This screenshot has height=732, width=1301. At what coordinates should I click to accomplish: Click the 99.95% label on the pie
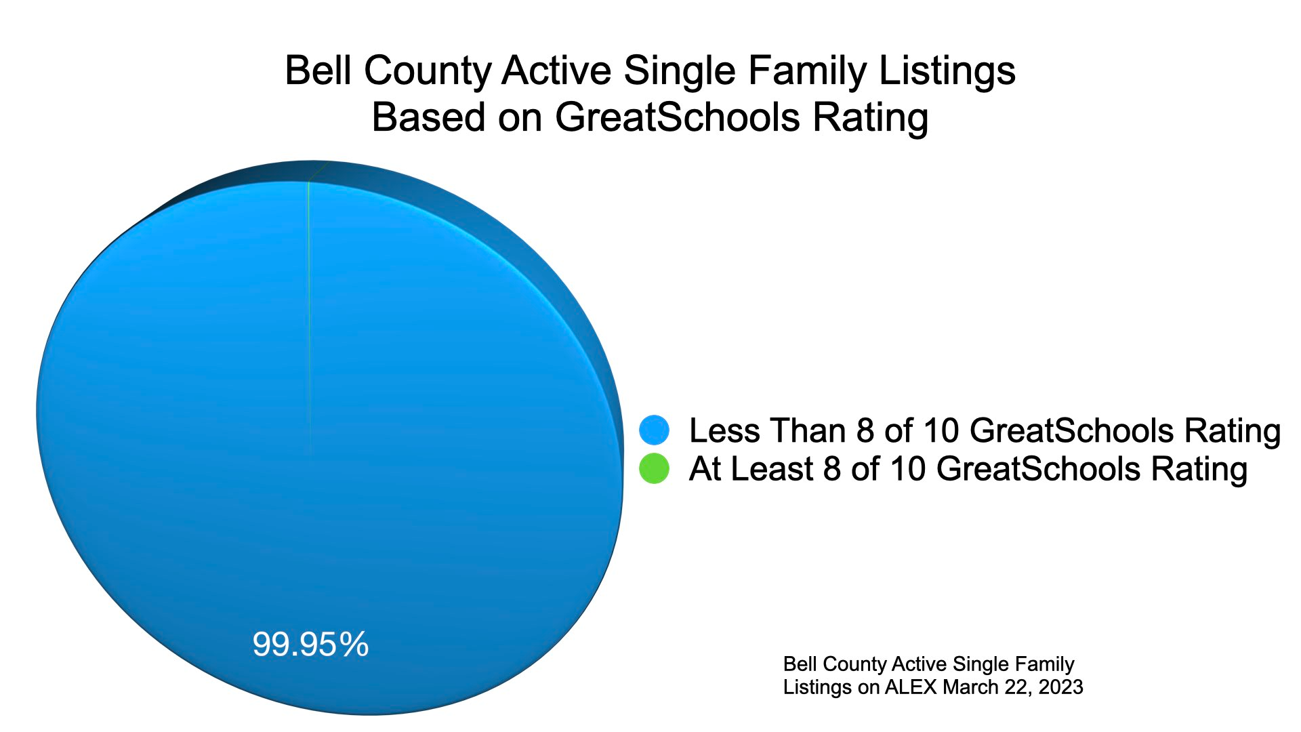[310, 644]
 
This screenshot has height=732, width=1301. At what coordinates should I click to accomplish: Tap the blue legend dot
[654, 430]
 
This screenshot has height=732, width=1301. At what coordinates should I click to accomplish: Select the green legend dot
[654, 468]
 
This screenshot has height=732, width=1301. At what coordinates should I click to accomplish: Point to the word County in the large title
[428, 70]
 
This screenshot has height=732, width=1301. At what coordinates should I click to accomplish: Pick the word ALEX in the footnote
[911, 687]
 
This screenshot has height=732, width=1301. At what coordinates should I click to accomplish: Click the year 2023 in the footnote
[1060, 687]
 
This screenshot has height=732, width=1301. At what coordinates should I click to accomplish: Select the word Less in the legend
[724, 430]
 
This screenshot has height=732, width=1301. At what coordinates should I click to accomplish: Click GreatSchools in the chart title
[680, 117]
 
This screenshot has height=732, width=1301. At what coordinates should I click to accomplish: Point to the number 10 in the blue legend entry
[943, 430]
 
